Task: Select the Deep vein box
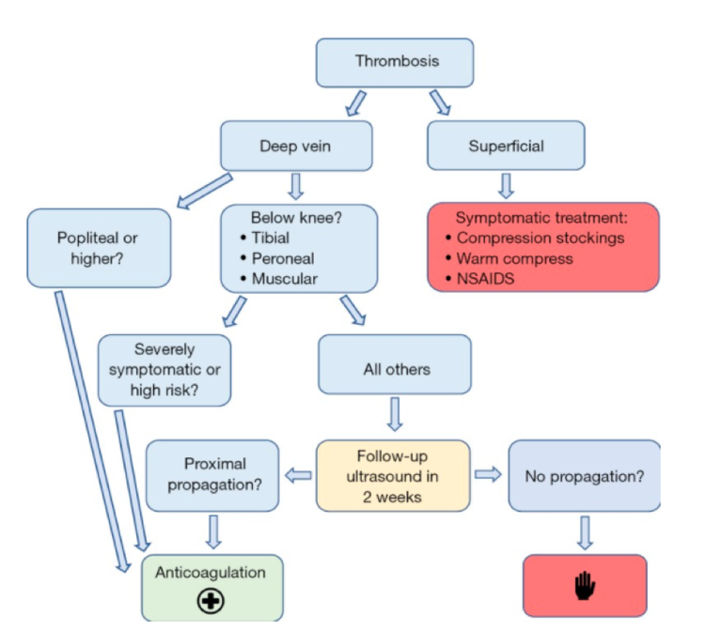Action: click(296, 146)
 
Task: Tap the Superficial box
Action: click(506, 146)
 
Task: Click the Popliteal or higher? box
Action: click(99, 248)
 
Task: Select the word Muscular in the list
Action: click(284, 279)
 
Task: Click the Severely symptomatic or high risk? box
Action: click(164, 370)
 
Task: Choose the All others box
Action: click(396, 369)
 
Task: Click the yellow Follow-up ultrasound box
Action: click(392, 475)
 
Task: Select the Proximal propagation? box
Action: click(211, 475)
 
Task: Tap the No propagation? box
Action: click(584, 475)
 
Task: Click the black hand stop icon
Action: click(585, 586)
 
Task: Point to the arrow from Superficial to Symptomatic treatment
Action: click(506, 184)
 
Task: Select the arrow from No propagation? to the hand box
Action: click(585, 531)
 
